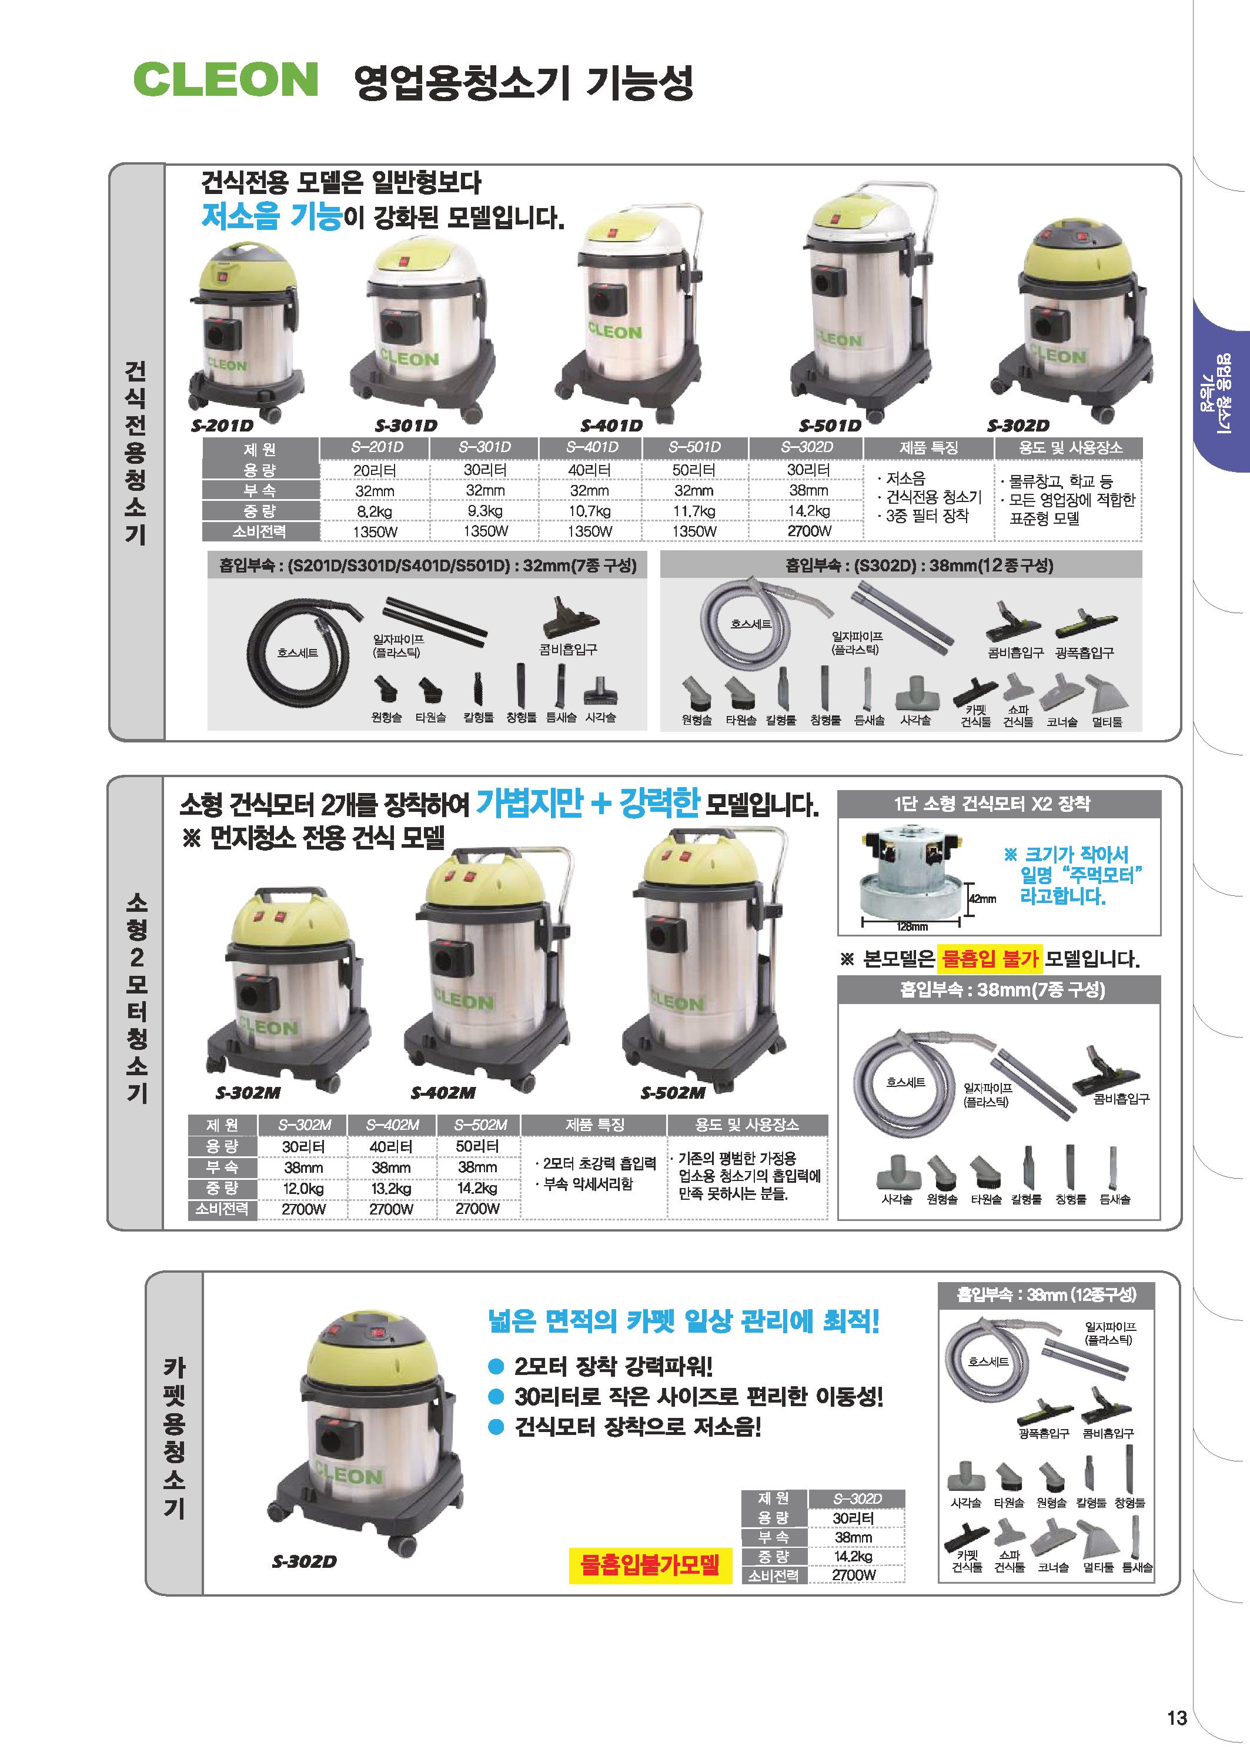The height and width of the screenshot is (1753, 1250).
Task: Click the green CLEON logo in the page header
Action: (226, 79)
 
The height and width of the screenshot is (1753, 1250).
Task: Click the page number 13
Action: (1177, 1718)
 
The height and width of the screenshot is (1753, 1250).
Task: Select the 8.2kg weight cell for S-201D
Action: (375, 511)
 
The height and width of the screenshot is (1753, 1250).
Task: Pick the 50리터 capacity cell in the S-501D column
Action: (694, 470)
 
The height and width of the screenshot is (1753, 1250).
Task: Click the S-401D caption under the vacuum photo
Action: (611, 426)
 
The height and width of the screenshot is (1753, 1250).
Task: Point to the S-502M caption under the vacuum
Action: (673, 1093)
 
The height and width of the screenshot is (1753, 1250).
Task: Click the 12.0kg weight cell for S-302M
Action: (304, 1188)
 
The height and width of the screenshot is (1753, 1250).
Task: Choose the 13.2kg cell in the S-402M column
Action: (391, 1188)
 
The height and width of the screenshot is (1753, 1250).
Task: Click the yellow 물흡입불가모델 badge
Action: (650, 1563)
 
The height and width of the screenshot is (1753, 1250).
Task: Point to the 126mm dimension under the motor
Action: (912, 926)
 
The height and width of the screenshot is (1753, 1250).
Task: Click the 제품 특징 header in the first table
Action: (929, 447)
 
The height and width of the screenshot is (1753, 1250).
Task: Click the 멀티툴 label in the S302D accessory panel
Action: (1107, 722)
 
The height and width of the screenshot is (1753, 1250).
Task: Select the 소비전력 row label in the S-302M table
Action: (222, 1208)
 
